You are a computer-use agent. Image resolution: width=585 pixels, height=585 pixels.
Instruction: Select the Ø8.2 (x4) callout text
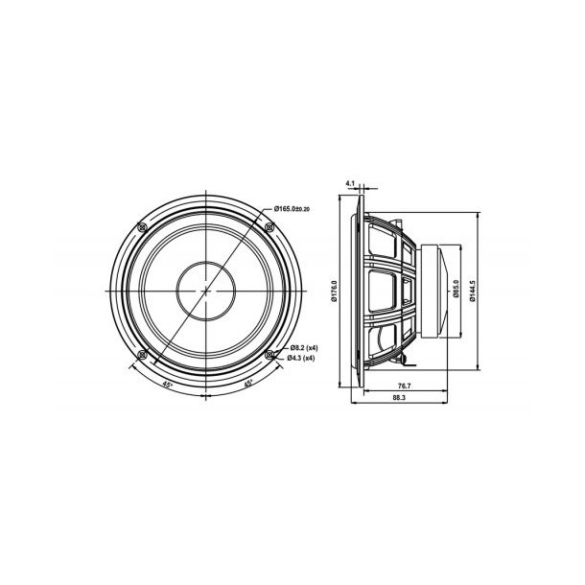pyautogui.click(x=306, y=346)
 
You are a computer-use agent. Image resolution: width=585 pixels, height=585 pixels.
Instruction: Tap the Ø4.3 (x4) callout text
pyautogui.click(x=306, y=357)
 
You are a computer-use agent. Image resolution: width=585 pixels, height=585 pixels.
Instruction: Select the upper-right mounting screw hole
pyautogui.click(x=270, y=226)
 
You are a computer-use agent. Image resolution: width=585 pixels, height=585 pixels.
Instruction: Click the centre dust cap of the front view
pyautogui.click(x=207, y=290)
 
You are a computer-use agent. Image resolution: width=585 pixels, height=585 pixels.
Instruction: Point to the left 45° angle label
pyautogui.click(x=169, y=385)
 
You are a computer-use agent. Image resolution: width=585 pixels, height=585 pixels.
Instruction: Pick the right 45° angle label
pyautogui.click(x=247, y=385)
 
